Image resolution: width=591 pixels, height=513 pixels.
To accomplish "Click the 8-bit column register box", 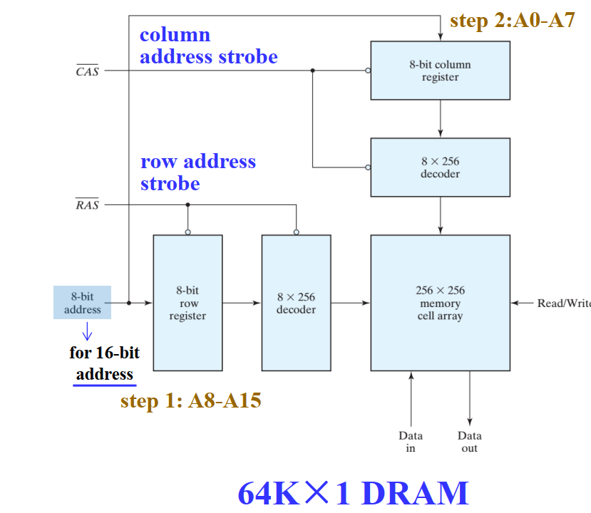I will tap(440, 70).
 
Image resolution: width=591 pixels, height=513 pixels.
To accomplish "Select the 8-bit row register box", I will tap(187, 302).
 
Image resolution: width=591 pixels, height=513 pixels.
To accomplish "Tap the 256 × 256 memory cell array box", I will tap(440, 302).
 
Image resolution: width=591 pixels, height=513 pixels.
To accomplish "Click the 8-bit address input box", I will tap(83, 302).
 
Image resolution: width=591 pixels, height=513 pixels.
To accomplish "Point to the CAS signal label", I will tap(87, 71).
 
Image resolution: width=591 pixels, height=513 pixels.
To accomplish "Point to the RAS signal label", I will tap(87, 205).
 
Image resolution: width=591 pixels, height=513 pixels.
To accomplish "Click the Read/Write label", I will tap(563, 303).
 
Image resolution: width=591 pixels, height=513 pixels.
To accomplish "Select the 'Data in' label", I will tap(411, 442).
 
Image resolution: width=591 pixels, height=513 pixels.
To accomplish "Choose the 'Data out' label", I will tap(469, 442).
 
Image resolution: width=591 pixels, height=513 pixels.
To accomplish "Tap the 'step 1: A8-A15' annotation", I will tap(190, 401).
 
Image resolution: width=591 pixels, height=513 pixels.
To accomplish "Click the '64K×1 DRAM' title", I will tap(353, 493).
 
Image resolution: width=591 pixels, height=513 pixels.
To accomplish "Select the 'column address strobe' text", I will tap(208, 46).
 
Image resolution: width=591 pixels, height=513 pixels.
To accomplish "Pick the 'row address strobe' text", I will tap(197, 172).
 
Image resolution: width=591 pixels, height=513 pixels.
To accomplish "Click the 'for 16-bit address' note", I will tap(104, 363).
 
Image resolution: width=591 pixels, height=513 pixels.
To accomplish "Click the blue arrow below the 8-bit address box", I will tap(88, 332).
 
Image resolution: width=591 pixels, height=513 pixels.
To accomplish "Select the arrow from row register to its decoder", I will tap(242, 303).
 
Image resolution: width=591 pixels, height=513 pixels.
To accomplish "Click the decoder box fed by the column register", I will tap(440, 167).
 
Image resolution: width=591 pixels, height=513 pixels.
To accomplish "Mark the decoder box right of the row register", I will tap(296, 302).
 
